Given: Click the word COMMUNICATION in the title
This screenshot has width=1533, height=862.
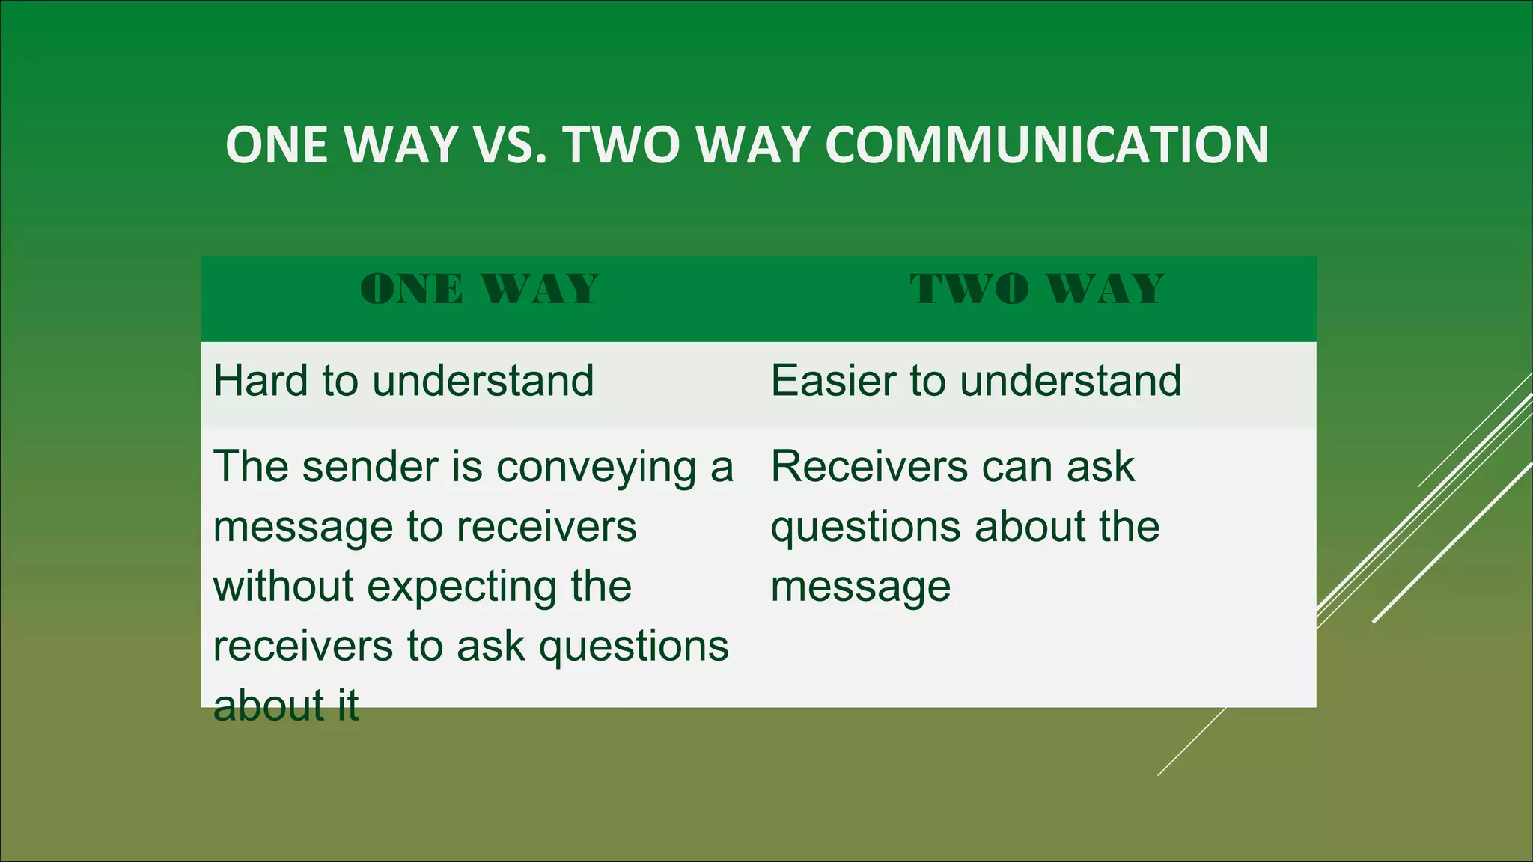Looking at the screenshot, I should (1046, 144).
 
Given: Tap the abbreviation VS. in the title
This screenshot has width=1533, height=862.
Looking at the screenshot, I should (516, 144).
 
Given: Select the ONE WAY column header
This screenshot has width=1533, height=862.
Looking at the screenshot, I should (479, 290).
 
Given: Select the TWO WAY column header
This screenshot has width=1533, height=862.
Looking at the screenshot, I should (1037, 290).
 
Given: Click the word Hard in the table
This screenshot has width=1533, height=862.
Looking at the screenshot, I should (260, 381).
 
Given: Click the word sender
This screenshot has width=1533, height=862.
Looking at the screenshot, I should (370, 467).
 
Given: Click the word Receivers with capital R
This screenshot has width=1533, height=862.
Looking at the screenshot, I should (869, 467).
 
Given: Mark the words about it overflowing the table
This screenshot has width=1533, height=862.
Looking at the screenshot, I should (286, 706).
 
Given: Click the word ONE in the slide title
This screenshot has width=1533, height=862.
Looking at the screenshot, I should (279, 144).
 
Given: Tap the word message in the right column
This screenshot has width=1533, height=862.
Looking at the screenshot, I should (861, 587).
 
